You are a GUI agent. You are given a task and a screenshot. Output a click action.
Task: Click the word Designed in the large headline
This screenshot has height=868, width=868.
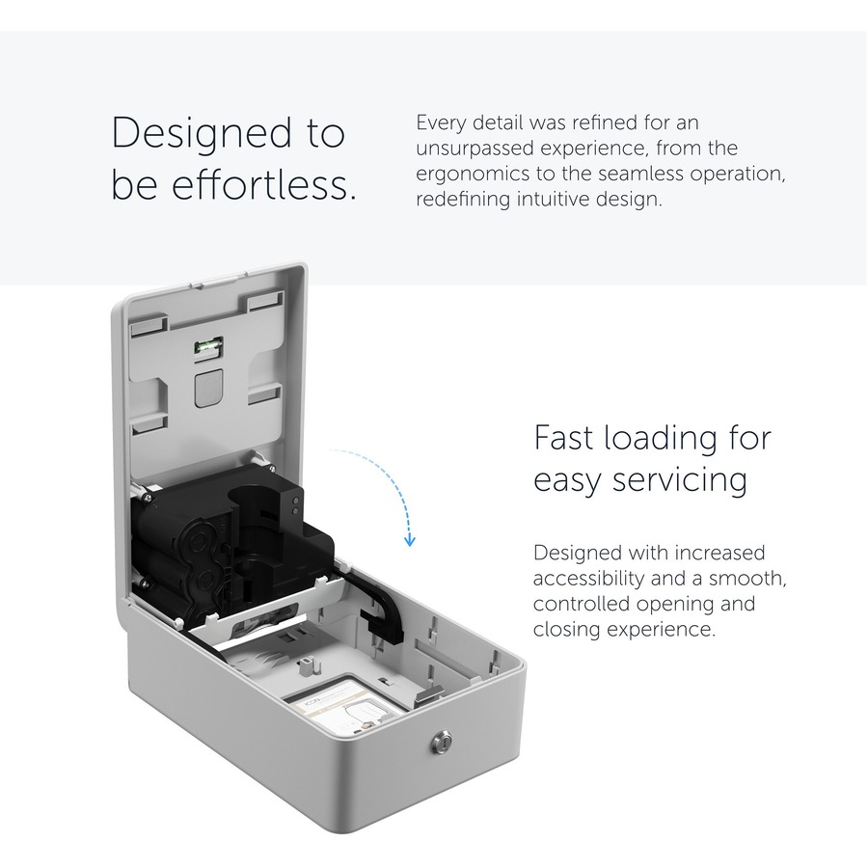pos(203,134)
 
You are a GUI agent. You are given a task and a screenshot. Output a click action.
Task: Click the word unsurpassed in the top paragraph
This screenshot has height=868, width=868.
pos(475,149)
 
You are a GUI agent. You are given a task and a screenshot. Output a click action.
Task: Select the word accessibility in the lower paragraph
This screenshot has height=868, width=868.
pos(588,579)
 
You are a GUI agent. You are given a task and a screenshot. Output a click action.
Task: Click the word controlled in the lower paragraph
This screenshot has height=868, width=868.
pos(582,604)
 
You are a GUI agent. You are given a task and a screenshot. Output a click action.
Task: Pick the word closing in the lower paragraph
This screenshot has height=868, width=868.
pos(566,630)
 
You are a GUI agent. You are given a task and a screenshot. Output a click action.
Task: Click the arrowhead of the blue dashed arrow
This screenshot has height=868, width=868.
pos(410,540)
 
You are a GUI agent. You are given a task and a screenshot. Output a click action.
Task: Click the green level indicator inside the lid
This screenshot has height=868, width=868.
pos(208,346)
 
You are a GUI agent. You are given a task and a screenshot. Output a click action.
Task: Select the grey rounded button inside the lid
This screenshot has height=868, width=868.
pos(208,389)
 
